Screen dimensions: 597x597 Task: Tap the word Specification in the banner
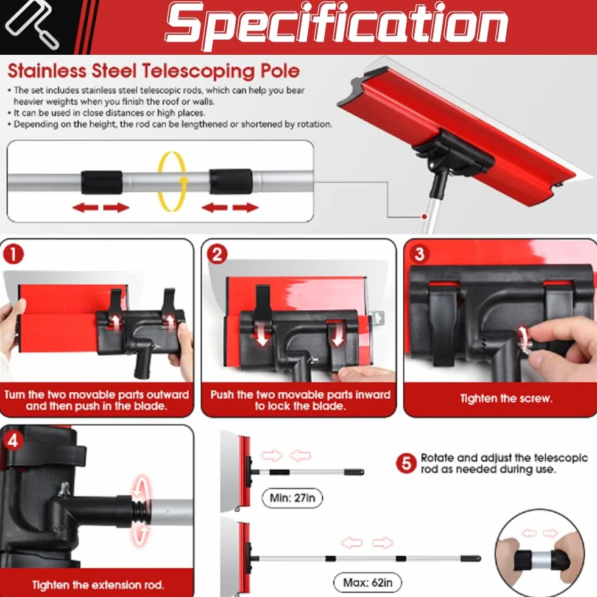336,25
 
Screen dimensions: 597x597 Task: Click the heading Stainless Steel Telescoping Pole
154,71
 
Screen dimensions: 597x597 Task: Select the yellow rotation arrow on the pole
172,182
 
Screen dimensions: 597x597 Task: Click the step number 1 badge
13,255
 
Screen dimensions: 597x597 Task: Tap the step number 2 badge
217,255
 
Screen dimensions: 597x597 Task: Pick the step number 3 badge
419,253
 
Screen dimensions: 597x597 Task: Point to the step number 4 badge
13,440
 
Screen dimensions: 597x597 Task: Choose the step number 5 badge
406,464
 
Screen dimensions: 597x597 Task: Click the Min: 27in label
292,498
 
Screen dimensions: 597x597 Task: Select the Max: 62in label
367,582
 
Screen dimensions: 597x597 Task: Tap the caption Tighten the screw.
506,398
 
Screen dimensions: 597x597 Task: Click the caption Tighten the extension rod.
98,585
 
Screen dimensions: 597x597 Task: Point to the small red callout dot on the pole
424,217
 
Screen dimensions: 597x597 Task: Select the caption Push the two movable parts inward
300,395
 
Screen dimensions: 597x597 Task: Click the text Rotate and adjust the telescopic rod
504,464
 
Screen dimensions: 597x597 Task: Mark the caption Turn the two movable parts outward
97,395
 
